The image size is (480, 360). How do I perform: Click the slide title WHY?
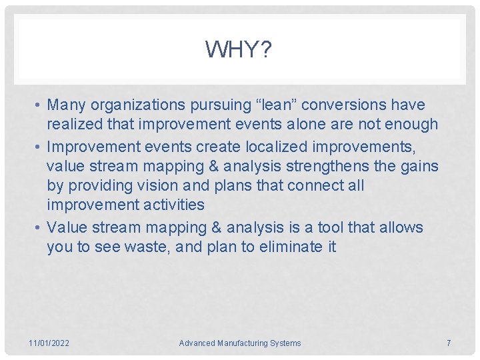click(x=239, y=49)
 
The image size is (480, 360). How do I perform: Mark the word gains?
click(x=420, y=166)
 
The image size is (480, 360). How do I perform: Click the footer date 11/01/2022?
click(x=49, y=343)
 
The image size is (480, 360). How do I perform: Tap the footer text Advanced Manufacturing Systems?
click(x=239, y=343)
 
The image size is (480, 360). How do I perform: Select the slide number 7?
click(x=448, y=343)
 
